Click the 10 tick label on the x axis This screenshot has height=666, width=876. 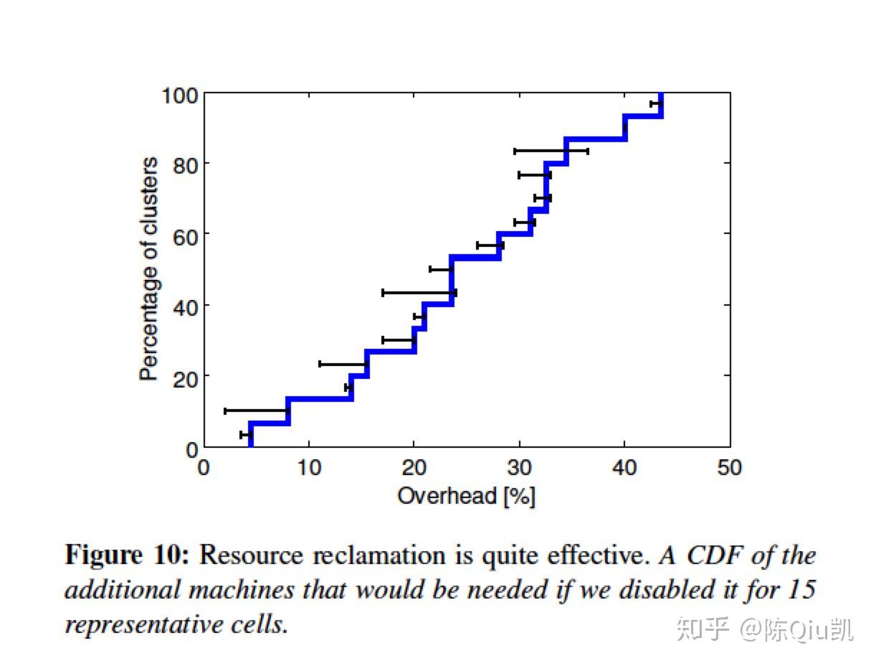click(x=309, y=468)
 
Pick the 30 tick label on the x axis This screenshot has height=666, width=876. click(x=519, y=468)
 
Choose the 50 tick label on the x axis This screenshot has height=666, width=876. click(x=729, y=468)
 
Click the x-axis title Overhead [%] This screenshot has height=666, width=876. click(x=466, y=496)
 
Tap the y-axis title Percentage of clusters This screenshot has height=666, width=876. click(x=148, y=269)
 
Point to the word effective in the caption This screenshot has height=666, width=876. click(x=601, y=555)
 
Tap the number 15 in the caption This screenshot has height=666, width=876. click(x=801, y=590)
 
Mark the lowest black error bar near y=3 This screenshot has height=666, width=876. click(x=246, y=435)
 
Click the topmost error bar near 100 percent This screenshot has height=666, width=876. click(x=655, y=104)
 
